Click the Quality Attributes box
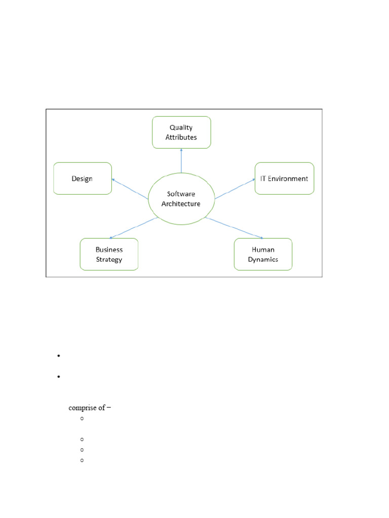point(181,133)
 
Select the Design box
point(83,179)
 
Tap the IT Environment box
point(284,179)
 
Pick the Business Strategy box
point(109,254)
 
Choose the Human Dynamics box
point(263,254)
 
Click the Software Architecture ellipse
point(181,199)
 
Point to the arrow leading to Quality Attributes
point(181,161)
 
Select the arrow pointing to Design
point(130,187)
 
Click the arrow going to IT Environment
point(235,188)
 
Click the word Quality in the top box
point(181,128)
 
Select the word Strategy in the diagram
point(109,260)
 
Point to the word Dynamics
point(263,260)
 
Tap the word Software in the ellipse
point(181,194)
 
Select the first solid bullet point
point(59,356)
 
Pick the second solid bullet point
point(59,377)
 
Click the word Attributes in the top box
point(181,137)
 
